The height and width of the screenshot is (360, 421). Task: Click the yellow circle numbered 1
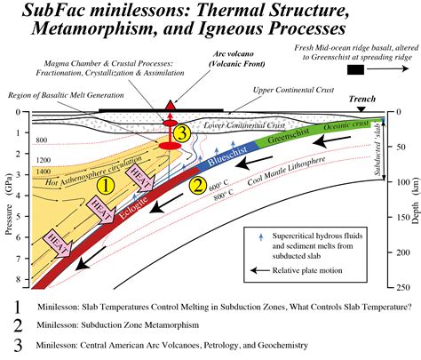click(105, 186)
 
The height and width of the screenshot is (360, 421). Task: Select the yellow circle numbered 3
click(181, 133)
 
